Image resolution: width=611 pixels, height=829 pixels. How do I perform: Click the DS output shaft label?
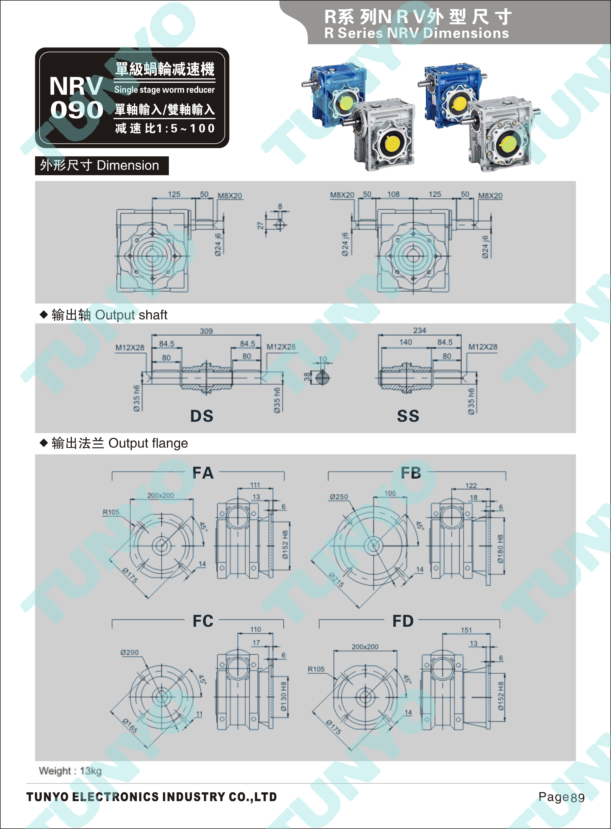pyautogui.click(x=202, y=416)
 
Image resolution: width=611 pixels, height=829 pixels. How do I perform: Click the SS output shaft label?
pyautogui.click(x=408, y=416)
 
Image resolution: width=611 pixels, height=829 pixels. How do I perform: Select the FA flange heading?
pyautogui.click(x=203, y=473)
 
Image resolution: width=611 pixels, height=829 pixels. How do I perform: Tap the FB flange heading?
pyautogui.click(x=411, y=473)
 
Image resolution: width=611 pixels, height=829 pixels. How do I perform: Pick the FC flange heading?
pyautogui.click(x=203, y=621)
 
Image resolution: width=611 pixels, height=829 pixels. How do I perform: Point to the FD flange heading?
pyautogui.click(x=403, y=621)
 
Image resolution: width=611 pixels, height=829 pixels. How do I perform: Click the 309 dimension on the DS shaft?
pyautogui.click(x=206, y=331)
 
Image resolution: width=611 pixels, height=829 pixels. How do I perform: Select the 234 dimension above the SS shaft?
pyautogui.click(x=419, y=330)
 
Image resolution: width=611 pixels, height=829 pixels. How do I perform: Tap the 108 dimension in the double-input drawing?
pyautogui.click(x=393, y=194)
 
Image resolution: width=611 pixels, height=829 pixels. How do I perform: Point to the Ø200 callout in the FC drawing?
pyautogui.click(x=129, y=652)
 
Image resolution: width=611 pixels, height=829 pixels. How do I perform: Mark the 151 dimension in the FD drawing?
pyautogui.click(x=466, y=630)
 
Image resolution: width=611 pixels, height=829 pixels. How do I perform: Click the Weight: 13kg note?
pyautogui.click(x=70, y=771)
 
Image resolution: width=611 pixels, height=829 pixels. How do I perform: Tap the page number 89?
pyautogui.click(x=577, y=798)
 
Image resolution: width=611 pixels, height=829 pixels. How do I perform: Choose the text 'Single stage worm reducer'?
pyautogui.click(x=164, y=90)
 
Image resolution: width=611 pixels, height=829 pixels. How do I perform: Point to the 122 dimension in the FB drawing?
pyautogui.click(x=471, y=485)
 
